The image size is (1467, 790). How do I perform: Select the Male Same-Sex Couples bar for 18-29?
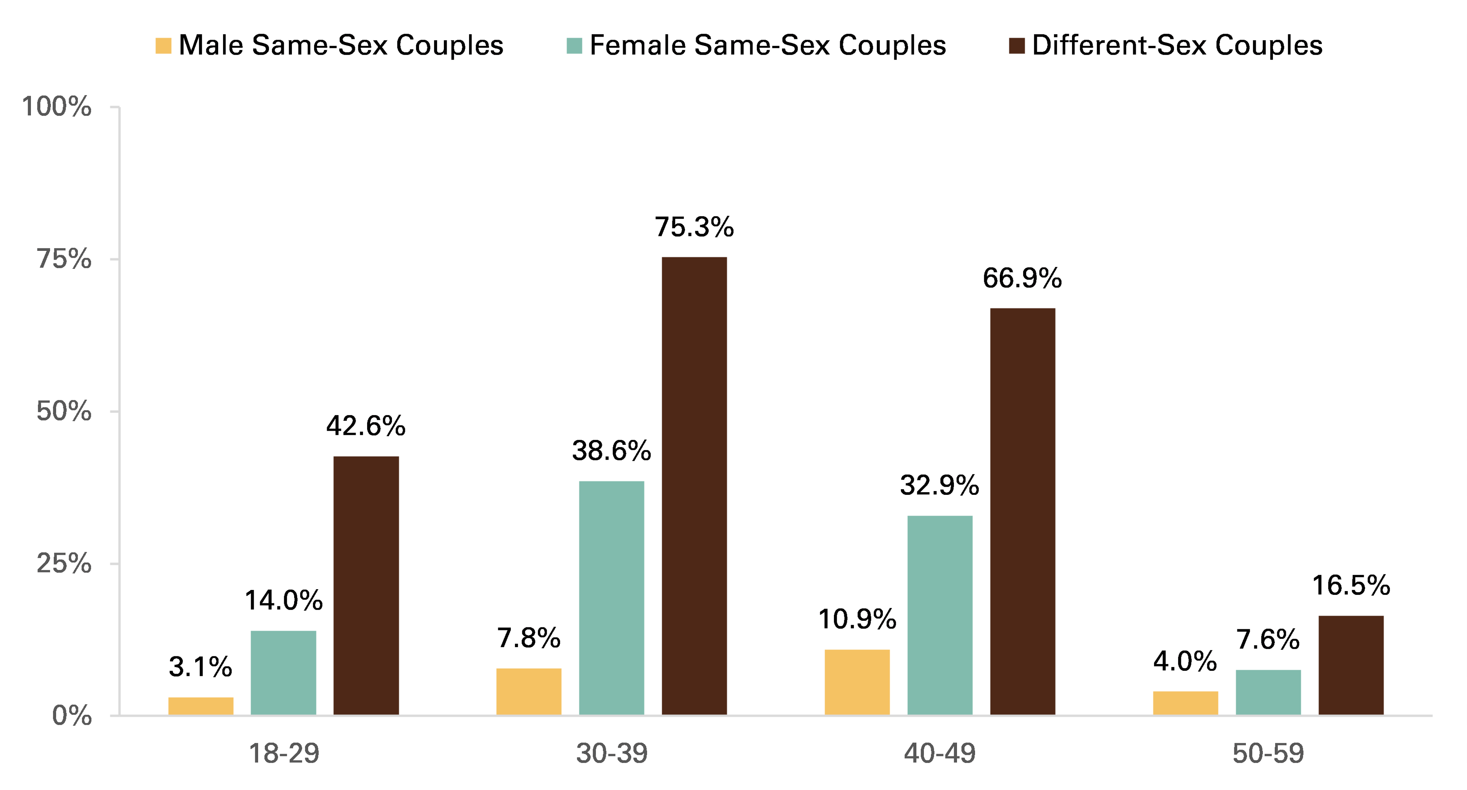pyautogui.click(x=201, y=706)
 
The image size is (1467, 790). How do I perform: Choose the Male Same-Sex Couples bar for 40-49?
pyautogui.click(x=857, y=682)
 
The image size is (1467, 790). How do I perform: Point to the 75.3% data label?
pyautogui.click(x=694, y=227)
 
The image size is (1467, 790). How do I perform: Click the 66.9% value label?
pyautogui.click(x=1022, y=278)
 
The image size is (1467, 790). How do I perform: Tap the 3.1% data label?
pyautogui.click(x=201, y=667)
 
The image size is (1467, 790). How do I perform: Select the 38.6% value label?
pyautogui.click(x=612, y=451)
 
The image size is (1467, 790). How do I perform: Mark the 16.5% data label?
pyautogui.click(x=1351, y=586)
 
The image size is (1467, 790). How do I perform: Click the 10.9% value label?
pyautogui.click(x=857, y=619)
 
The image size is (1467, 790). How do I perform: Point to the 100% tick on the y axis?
pyautogui.click(x=57, y=107)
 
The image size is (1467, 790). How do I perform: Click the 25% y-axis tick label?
pyautogui.click(x=64, y=564)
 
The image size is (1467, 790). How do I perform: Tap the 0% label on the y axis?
pyautogui.click(x=72, y=716)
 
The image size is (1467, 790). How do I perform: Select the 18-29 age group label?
pyautogui.click(x=284, y=754)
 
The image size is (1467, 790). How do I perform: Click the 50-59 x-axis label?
pyautogui.click(x=1268, y=754)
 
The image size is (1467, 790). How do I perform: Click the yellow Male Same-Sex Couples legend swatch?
pyautogui.click(x=164, y=45)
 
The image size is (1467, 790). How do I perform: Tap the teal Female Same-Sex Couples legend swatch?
pyautogui.click(x=575, y=45)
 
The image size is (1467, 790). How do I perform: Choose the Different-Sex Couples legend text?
pyautogui.click(x=1177, y=45)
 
